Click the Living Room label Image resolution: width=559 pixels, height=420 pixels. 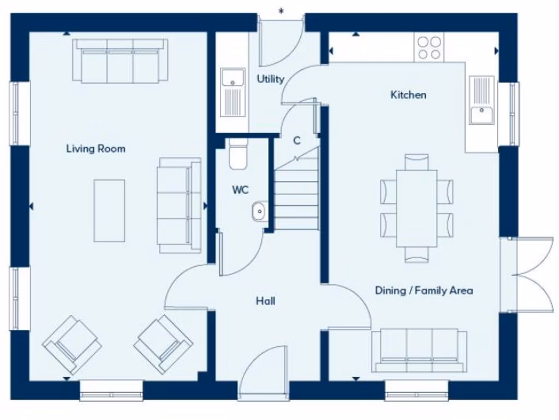tap(96, 149)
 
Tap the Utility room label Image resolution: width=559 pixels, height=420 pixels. tap(271, 79)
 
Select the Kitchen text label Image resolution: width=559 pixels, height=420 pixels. tap(408, 95)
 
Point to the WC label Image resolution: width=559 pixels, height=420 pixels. tap(240, 190)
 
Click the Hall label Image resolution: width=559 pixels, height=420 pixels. tap(265, 301)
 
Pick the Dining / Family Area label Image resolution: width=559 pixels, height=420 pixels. tap(424, 290)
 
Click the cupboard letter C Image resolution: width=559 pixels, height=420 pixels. tap(297, 141)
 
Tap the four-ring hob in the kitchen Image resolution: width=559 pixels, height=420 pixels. tap(429, 48)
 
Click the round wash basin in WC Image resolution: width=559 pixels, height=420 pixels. tap(259, 209)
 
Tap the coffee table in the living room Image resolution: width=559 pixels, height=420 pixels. tap(109, 211)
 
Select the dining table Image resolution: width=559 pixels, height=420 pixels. tap(417, 208)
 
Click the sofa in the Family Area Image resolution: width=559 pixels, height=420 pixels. tap(419, 351)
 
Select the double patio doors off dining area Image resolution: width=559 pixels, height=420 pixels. tap(528, 275)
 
